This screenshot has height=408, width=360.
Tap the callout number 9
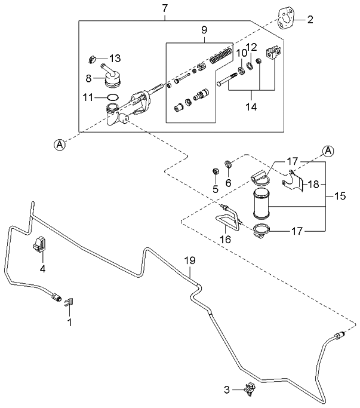[204, 29]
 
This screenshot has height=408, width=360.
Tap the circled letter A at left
[59, 144]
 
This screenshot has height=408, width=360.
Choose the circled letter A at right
[328, 151]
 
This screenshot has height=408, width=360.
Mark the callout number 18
[314, 184]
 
